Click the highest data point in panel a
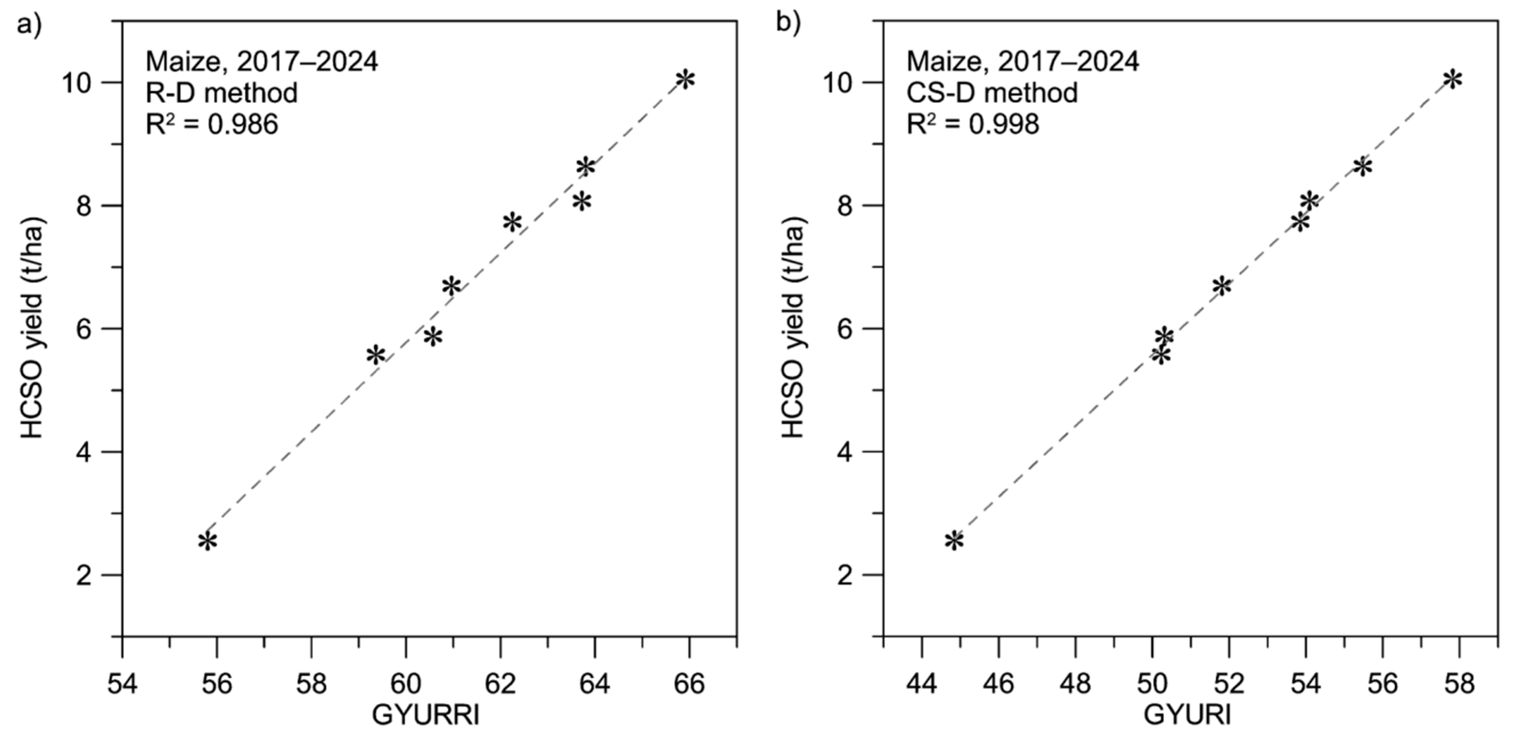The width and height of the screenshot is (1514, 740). (685, 80)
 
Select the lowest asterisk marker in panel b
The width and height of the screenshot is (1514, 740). (954, 541)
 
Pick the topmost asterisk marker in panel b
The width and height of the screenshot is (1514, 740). (1452, 80)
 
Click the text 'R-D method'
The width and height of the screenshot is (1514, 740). (222, 93)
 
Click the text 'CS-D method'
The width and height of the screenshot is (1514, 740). (992, 93)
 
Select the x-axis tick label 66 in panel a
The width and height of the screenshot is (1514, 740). (689, 684)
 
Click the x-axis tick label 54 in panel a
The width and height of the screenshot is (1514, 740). (122, 684)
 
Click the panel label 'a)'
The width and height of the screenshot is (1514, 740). (29, 25)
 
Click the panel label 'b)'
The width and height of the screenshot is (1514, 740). (788, 25)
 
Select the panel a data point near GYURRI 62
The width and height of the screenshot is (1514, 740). (512, 222)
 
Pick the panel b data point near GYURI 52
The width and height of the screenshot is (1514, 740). (1221, 286)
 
